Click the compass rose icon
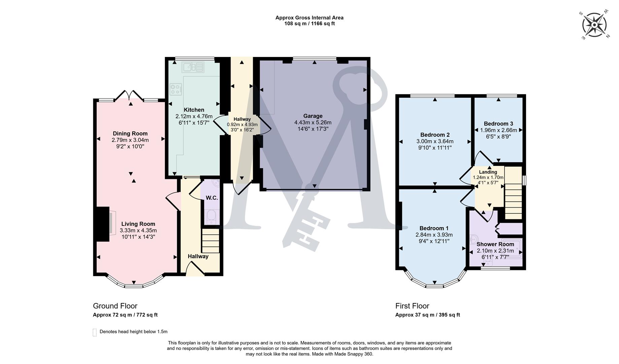[x=594, y=25]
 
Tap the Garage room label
[x=313, y=116]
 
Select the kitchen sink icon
[x=193, y=67]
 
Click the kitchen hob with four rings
[x=176, y=89]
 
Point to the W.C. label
[x=212, y=198]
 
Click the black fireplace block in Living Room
[x=102, y=224]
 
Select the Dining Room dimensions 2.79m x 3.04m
[x=130, y=140]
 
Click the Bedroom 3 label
[x=498, y=124]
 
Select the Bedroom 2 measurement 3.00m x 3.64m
[x=435, y=141]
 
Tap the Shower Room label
[x=495, y=244]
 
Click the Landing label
[x=488, y=172]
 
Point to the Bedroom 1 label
[x=434, y=228]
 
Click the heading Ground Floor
[x=115, y=306]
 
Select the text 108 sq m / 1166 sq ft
[x=309, y=24]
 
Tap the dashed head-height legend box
[x=95, y=332]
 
